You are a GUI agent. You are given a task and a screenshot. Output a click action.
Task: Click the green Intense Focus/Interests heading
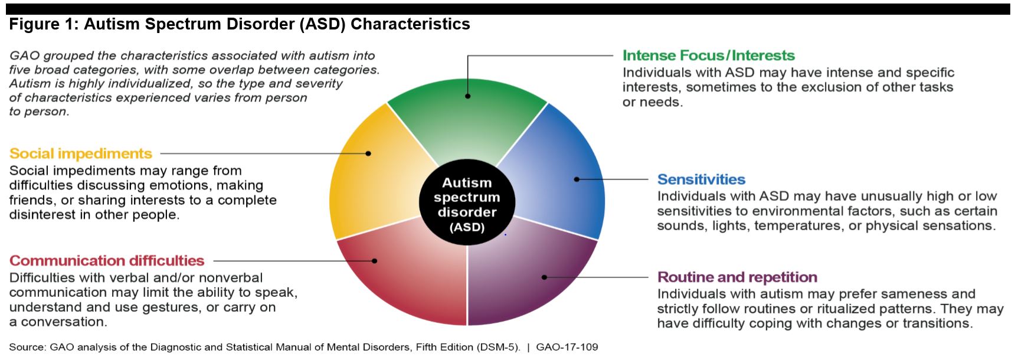(709, 55)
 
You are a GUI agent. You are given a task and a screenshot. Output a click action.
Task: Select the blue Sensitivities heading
(701, 179)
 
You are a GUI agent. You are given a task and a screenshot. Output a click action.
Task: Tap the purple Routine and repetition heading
(737, 277)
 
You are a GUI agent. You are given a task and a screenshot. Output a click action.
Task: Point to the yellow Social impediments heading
(81, 154)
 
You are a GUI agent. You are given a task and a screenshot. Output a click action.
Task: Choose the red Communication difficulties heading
(107, 261)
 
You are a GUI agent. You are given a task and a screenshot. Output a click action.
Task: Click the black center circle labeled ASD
(467, 205)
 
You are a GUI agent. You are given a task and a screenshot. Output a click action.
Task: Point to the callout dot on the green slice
(467, 96)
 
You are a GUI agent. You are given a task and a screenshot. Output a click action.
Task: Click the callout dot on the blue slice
(577, 179)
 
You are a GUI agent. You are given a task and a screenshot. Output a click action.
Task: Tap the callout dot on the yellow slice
(368, 153)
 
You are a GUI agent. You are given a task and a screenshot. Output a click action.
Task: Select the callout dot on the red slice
(374, 261)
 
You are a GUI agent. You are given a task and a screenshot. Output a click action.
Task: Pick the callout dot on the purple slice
(544, 277)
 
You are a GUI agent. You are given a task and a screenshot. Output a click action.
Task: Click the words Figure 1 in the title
(44, 24)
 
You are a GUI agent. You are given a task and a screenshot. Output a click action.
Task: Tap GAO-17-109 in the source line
(567, 347)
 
